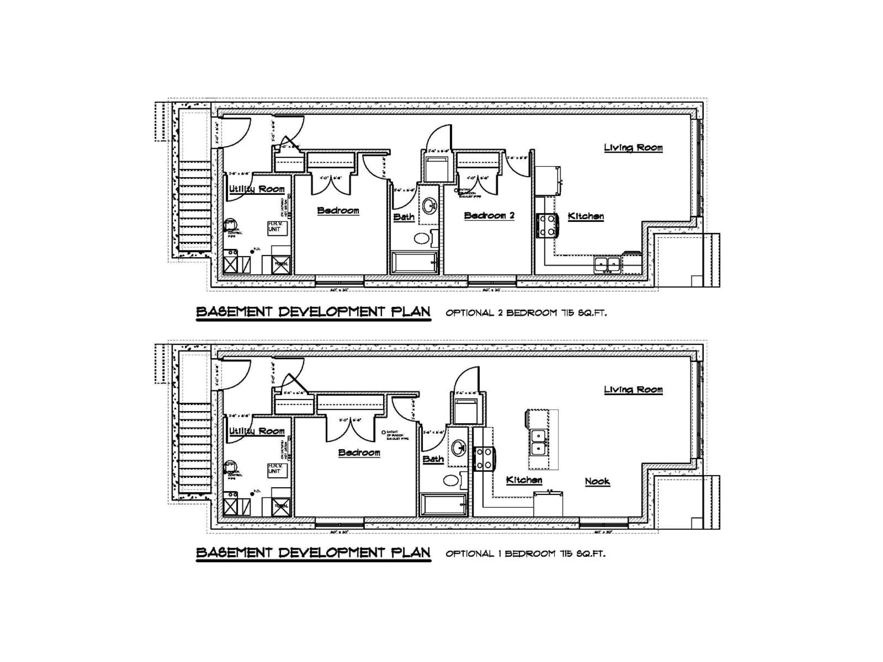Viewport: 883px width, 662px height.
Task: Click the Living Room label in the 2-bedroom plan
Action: click(633, 148)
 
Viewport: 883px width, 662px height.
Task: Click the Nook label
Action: click(597, 481)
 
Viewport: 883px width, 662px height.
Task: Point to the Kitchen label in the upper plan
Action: click(586, 216)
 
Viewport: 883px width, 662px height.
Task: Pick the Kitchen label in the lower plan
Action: click(524, 480)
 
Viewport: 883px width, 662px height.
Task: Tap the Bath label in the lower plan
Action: click(433, 459)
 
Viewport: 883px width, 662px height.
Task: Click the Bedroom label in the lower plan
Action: click(359, 453)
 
